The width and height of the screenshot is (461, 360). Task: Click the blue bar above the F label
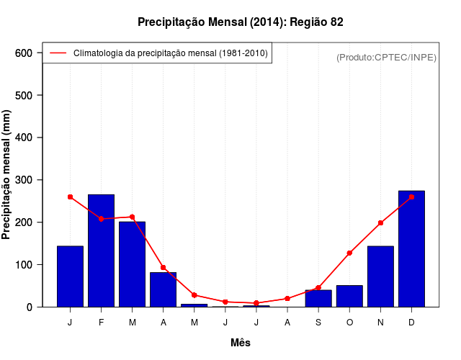[101, 251]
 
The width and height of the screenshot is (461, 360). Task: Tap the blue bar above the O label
[349, 296]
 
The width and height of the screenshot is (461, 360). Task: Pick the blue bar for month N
[380, 276]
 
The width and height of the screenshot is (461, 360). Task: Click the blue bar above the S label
[318, 298]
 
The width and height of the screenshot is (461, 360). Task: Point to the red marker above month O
[349, 253]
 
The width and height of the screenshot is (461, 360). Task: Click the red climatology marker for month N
[380, 223]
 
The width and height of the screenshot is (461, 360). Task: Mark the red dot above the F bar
[101, 219]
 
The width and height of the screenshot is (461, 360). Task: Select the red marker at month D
[411, 197]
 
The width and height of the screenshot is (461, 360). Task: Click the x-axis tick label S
[318, 322]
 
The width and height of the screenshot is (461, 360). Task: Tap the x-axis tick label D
[411, 322]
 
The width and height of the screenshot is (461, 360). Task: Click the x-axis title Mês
[241, 343]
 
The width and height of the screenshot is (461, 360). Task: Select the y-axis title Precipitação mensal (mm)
[7, 180]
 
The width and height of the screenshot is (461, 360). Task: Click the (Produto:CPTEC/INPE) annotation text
[386, 57]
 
